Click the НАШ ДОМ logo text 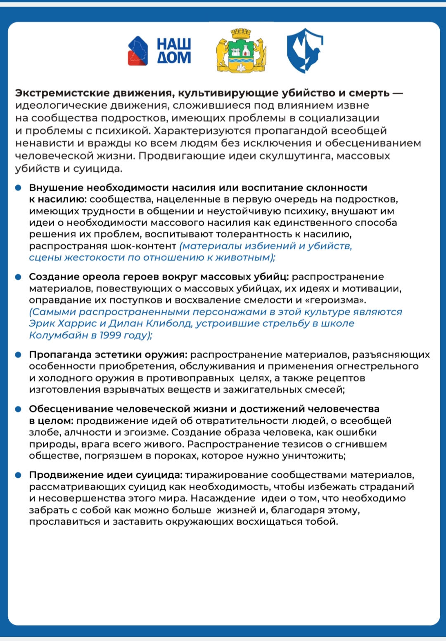(x=174, y=51)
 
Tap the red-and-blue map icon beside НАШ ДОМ (x=138, y=51)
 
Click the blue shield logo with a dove (x=305, y=50)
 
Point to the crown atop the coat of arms (x=241, y=33)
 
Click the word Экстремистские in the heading (x=62, y=93)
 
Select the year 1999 (x=111, y=335)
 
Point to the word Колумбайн (x=58, y=335)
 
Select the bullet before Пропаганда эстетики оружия (x=18, y=355)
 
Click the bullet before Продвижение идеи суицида (x=18, y=475)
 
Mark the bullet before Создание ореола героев (x=18, y=277)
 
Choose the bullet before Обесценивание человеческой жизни (x=18, y=409)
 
